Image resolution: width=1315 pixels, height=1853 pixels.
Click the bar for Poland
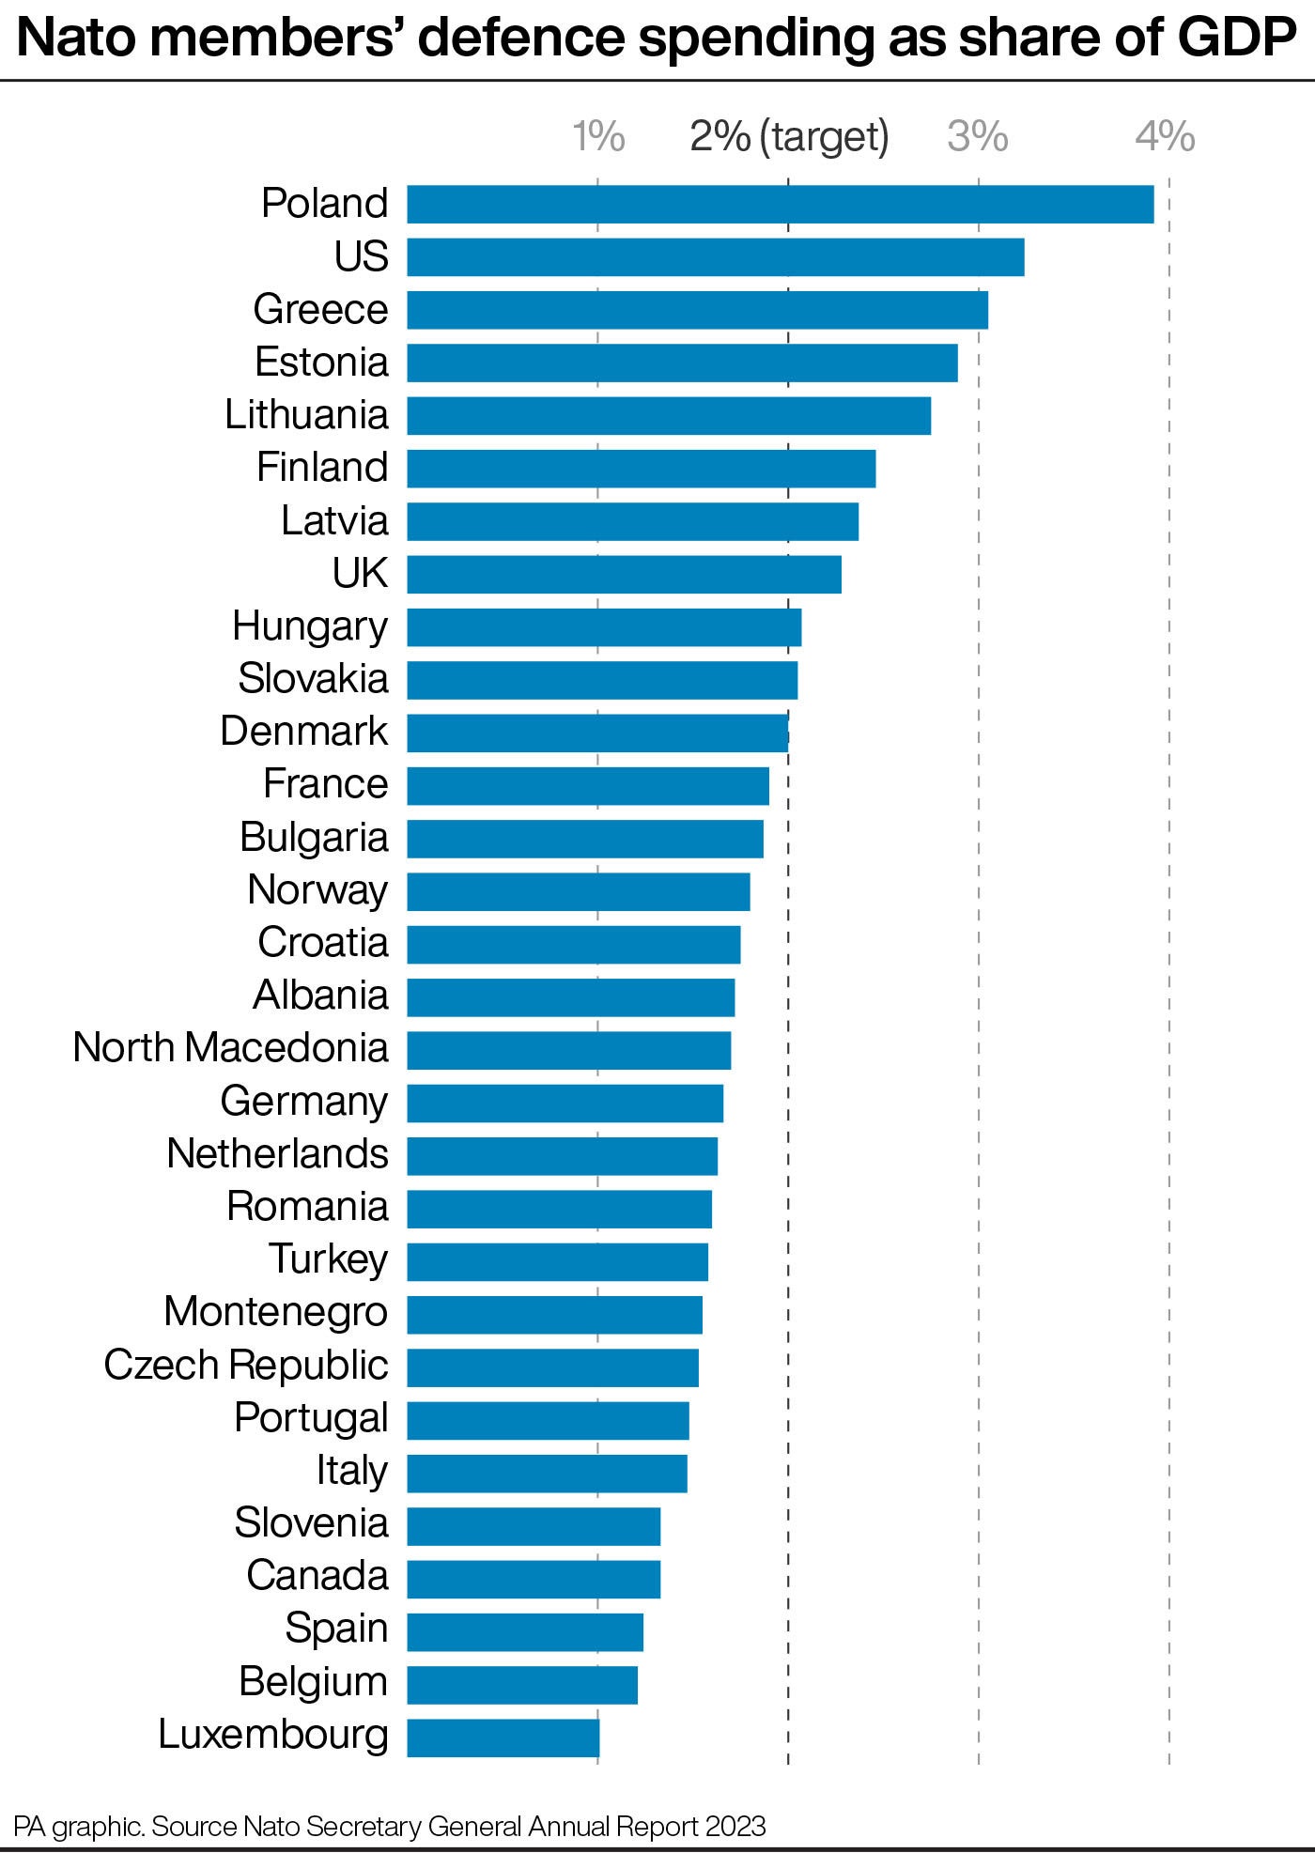780,204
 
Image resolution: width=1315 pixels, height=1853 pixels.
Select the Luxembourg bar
503,1737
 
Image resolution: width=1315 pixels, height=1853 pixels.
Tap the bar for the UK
624,574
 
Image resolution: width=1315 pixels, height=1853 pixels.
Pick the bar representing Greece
697,310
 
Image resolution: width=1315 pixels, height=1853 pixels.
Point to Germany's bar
565,1103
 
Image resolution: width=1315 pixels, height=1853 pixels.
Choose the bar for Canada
534,1579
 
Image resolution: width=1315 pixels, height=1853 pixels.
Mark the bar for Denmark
597,733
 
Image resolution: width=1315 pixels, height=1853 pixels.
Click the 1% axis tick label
598,137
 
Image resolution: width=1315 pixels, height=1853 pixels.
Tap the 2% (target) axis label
789,137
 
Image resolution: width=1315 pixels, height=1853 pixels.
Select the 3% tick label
977,137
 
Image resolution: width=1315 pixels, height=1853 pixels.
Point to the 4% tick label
1165,137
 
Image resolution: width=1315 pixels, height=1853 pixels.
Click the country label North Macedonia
230,1048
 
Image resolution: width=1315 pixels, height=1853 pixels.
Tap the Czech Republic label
245,1366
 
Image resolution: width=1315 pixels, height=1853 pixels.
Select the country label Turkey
328,1259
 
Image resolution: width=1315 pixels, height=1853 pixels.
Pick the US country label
361,257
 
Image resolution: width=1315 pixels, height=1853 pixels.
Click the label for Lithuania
306,415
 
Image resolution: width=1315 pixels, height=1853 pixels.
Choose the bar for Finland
641,469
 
